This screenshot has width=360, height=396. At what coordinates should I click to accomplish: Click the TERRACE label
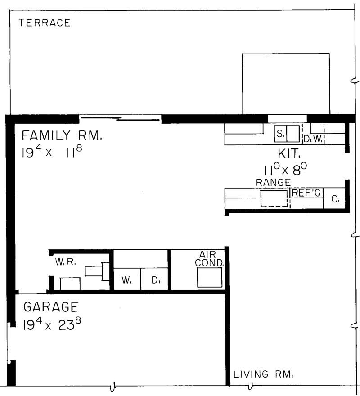[45, 23]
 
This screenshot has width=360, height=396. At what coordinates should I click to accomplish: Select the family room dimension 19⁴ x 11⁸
[52, 152]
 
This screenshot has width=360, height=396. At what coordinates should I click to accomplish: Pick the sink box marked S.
[280, 134]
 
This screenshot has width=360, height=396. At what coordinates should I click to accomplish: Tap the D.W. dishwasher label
[313, 139]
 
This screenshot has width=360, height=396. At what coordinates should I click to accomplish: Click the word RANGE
[273, 183]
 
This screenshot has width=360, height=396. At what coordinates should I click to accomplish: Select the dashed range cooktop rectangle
[274, 198]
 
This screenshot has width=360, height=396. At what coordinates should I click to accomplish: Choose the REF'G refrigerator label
[306, 193]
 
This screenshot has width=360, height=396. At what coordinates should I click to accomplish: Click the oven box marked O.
[335, 199]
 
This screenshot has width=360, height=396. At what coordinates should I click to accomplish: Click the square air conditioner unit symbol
[210, 278]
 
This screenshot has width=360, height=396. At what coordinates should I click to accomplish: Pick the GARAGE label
[50, 307]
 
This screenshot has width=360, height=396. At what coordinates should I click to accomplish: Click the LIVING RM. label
[263, 374]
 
